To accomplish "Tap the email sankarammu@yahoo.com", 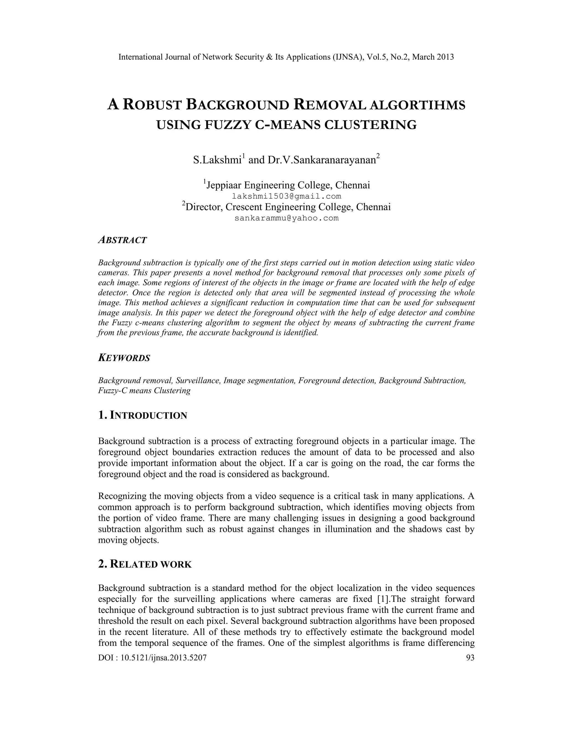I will point(287,218).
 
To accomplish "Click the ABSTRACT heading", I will point(122,240).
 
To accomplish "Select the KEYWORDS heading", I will point(124,358).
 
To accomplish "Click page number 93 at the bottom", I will point(470,657).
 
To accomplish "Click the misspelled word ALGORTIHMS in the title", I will point(417,105).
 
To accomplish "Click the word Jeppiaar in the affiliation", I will point(223,185).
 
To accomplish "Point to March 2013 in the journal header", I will point(433,57).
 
